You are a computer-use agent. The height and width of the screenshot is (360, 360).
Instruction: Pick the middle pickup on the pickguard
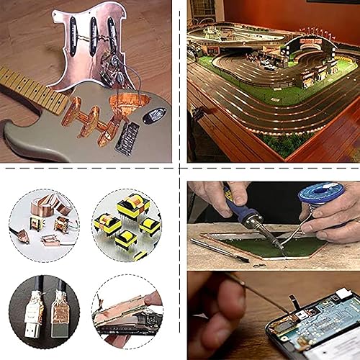94,30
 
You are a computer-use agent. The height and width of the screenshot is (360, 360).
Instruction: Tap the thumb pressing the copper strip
153,297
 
